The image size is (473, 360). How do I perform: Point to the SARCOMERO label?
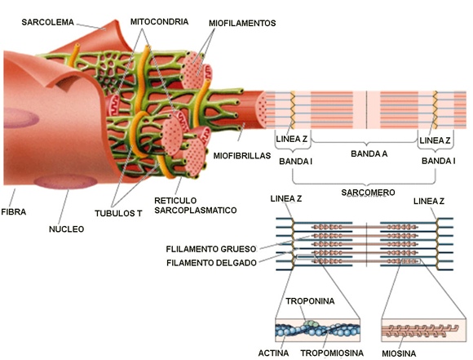coord(365,192)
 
